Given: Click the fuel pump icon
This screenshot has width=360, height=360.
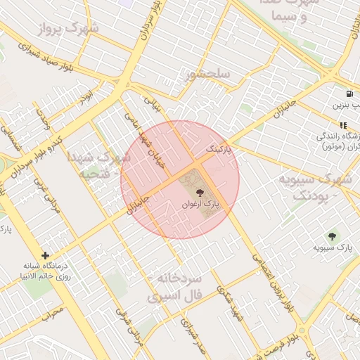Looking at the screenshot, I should coord(349,94).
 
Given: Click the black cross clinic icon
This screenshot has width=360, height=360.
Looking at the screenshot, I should coord(46,256).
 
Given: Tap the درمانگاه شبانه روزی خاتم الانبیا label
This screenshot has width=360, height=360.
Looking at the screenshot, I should coord(46,271).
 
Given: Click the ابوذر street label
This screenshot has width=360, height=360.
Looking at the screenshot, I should coord(86,94).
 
